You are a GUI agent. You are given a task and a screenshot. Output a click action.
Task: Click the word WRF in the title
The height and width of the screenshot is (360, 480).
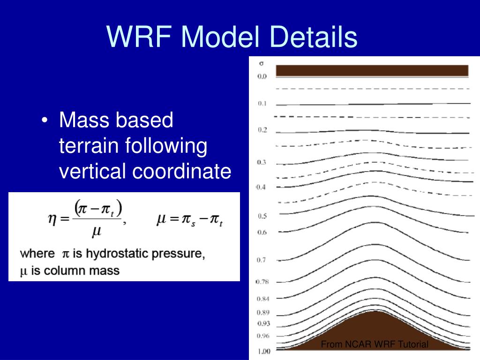click(x=139, y=36)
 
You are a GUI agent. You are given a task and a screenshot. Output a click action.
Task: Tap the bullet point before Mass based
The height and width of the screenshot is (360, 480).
click(x=45, y=120)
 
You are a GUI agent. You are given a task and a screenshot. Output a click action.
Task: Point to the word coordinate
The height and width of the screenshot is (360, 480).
click(x=181, y=171)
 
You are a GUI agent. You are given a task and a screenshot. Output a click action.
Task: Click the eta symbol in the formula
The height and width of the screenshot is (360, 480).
click(x=52, y=219)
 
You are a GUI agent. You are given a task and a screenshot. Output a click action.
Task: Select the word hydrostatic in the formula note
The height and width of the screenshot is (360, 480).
click(x=118, y=254)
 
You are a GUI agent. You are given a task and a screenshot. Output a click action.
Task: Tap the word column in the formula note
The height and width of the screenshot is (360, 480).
click(x=58, y=271)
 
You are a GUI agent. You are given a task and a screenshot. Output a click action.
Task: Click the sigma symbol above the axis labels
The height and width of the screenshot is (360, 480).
click(x=261, y=63)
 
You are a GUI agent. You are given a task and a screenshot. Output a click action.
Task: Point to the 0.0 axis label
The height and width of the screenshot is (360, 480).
click(x=262, y=76)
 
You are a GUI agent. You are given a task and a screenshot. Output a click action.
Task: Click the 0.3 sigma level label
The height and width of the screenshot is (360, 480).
click(x=262, y=162)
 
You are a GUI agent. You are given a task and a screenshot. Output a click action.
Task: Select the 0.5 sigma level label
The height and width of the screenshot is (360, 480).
click(x=262, y=216)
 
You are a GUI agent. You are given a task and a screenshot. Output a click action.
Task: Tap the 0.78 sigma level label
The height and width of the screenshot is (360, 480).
click(x=262, y=282)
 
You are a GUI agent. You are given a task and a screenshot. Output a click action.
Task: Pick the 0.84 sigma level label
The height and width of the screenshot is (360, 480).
click(x=263, y=299)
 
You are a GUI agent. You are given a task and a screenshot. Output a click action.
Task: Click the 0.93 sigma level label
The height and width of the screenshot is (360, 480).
click(x=263, y=323)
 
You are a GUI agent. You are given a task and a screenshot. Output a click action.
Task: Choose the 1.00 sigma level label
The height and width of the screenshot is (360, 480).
click(x=263, y=352)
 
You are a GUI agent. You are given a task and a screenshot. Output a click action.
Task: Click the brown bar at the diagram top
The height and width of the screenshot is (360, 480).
click(x=372, y=70)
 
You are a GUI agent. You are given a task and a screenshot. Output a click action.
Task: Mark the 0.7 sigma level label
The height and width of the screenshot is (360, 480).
click(x=261, y=260)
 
